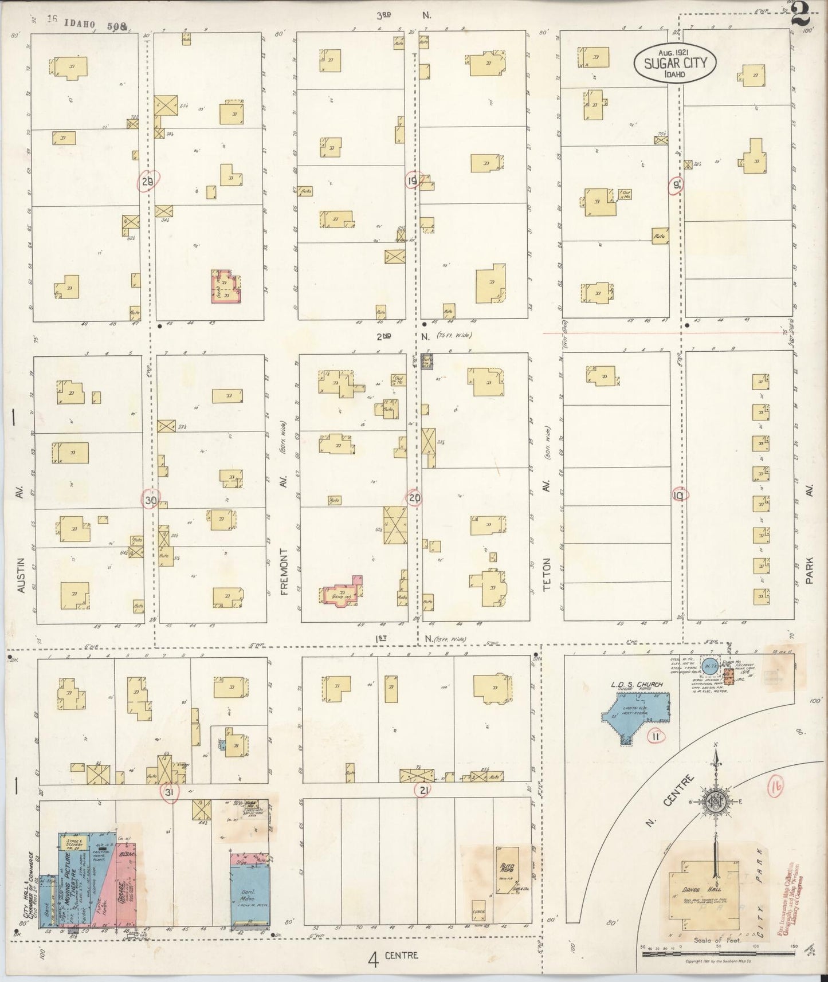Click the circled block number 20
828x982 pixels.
coord(415,498)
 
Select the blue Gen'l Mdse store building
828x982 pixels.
coord(250,898)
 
